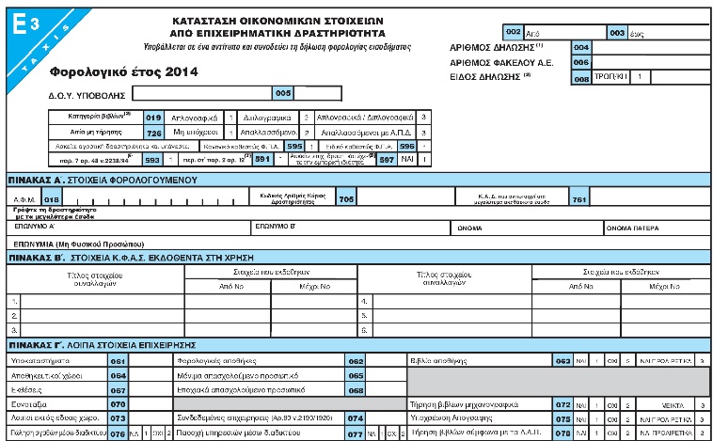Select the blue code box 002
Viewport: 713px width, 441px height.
point(514,30)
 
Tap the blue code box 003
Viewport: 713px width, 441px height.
point(617,30)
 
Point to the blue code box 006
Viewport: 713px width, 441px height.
point(580,62)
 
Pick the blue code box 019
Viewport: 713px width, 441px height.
point(154,118)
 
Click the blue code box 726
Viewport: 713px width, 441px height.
point(154,133)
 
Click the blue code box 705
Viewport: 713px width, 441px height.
point(345,198)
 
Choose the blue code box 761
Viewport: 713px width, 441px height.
point(579,198)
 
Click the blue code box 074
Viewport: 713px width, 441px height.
point(356,418)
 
